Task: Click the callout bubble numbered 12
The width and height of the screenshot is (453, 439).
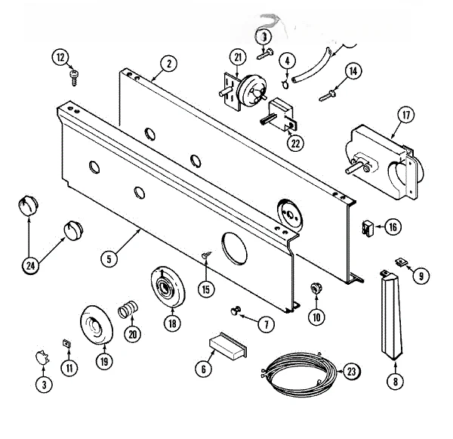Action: click(60, 57)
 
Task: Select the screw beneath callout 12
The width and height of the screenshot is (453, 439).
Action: click(74, 77)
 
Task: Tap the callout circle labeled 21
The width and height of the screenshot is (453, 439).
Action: click(238, 57)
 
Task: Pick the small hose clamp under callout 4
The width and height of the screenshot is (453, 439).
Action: click(285, 84)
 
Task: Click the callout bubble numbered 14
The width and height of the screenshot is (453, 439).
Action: click(353, 71)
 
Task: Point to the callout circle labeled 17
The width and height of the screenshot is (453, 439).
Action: click(406, 115)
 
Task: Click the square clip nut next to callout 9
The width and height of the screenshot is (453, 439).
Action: click(401, 263)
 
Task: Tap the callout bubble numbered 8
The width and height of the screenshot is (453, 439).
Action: click(395, 382)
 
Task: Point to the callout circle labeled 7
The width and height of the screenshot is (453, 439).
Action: click(266, 324)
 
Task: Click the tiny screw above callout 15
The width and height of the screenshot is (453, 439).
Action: click(207, 255)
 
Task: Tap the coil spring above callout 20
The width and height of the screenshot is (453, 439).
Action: click(128, 309)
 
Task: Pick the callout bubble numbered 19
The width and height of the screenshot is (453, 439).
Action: click(104, 361)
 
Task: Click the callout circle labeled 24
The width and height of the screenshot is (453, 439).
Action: click(30, 265)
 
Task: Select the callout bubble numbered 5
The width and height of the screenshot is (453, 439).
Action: click(109, 258)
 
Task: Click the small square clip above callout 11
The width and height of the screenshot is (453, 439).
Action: click(67, 344)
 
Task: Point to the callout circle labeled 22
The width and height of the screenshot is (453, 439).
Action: click(295, 143)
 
